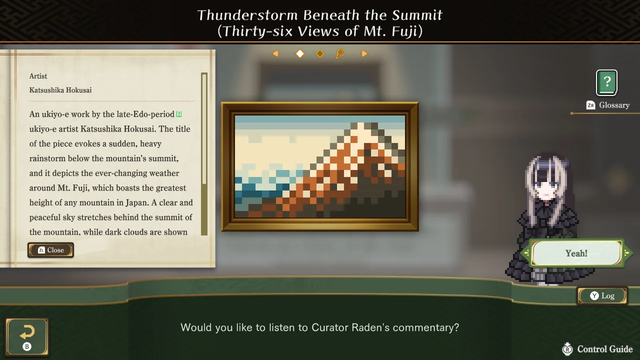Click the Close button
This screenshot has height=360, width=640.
point(50,250)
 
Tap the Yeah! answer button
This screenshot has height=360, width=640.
point(576,253)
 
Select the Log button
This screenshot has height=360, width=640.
point(602,295)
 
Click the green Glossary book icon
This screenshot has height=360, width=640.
point(606,82)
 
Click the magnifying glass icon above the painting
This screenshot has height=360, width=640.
point(340,53)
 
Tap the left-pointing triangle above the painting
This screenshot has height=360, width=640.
point(275,53)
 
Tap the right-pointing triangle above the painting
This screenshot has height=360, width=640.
point(364,53)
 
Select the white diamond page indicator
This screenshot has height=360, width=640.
point(300,53)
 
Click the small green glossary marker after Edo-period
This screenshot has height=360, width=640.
point(179,114)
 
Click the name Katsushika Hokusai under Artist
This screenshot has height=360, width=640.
point(60,90)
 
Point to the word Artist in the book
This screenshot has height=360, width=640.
point(38,76)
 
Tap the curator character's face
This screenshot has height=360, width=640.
point(546,185)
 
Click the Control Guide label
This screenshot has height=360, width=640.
point(605,349)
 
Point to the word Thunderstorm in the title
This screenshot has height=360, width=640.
point(247,15)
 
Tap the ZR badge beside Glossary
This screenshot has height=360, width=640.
point(590,105)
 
